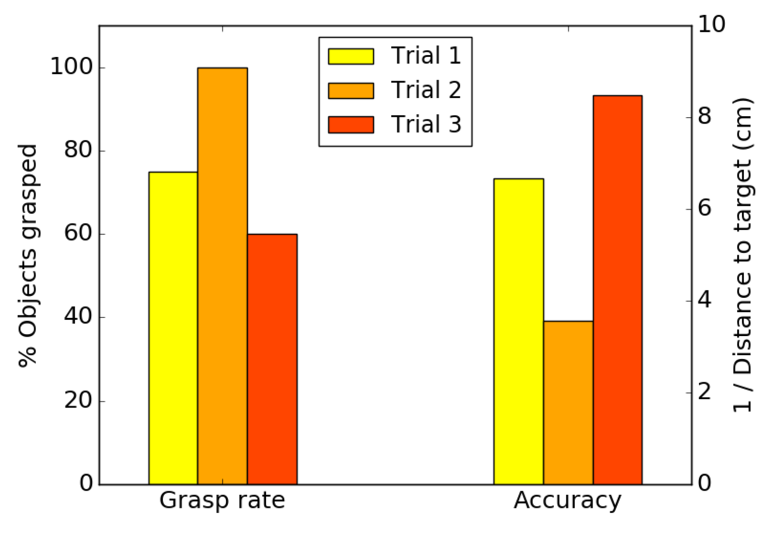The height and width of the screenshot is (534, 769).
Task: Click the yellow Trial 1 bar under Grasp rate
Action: pyautogui.click(x=173, y=328)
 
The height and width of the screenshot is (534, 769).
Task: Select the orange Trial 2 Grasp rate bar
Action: pyautogui.click(x=222, y=276)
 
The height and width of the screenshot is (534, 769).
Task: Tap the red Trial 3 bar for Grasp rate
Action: pyautogui.click(x=272, y=359)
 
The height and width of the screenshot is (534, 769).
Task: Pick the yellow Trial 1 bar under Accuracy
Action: pyautogui.click(x=518, y=331)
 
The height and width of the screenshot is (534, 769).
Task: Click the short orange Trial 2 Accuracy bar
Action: pyautogui.click(x=568, y=402)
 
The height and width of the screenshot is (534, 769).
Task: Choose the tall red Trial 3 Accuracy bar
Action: pyautogui.click(x=617, y=290)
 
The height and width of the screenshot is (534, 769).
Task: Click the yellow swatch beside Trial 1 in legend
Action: pyautogui.click(x=351, y=56)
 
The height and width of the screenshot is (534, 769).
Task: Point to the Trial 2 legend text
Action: pyautogui.click(x=426, y=90)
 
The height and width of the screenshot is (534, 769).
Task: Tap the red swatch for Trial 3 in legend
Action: pyautogui.click(x=351, y=125)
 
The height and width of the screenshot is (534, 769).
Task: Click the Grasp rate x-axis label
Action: pyautogui.click(x=222, y=500)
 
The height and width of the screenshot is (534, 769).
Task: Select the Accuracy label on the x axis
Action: pyautogui.click(x=567, y=500)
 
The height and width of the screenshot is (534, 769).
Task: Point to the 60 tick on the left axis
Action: pyautogui.click(x=78, y=233)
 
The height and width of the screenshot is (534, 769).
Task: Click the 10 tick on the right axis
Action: pyautogui.click(x=712, y=24)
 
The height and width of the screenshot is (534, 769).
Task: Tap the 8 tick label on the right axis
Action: pyautogui.click(x=705, y=116)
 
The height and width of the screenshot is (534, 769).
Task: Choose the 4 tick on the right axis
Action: pyautogui.click(x=705, y=300)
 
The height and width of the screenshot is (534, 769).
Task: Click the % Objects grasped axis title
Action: pyautogui.click(x=28, y=255)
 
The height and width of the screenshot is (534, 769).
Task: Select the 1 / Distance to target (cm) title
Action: pyautogui.click(x=742, y=255)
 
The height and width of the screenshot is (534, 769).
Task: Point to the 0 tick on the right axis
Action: pyautogui.click(x=705, y=484)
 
